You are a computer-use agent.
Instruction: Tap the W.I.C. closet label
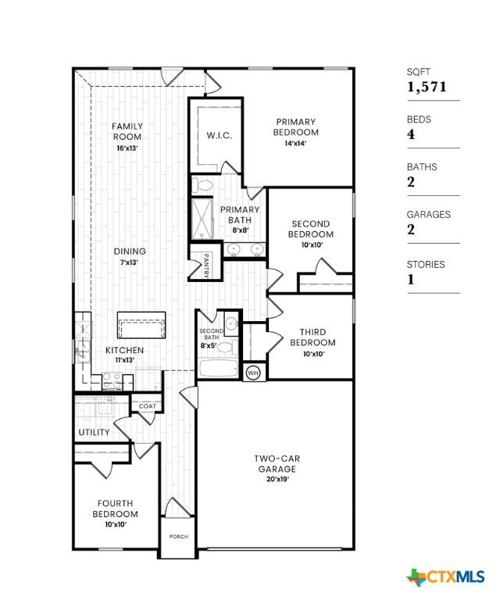[x=219, y=135]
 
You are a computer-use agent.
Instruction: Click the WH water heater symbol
[x=252, y=373]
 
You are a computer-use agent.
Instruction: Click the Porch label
[x=178, y=537]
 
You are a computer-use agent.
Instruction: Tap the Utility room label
[x=94, y=432]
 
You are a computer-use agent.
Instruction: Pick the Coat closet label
[x=147, y=406]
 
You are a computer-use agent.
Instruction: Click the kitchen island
[x=141, y=323]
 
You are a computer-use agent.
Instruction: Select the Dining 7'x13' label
[x=130, y=255]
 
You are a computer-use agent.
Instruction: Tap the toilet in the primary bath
[x=205, y=186]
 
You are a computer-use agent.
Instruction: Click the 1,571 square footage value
[x=427, y=87]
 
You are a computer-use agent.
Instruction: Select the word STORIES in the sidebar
[x=426, y=265]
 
